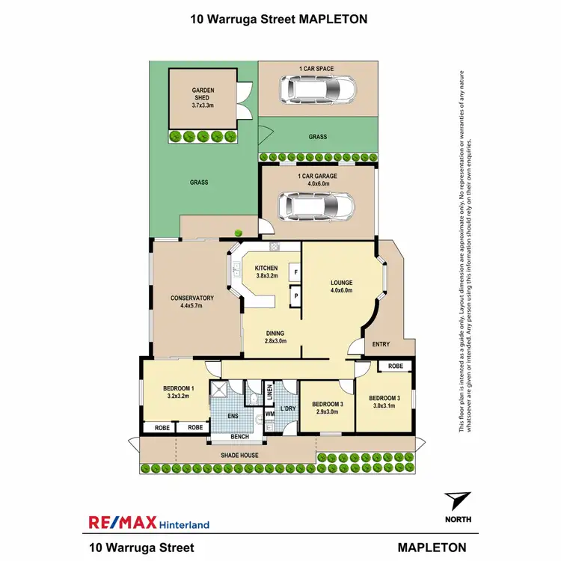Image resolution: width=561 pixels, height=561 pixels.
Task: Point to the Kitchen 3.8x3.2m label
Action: point(266,272)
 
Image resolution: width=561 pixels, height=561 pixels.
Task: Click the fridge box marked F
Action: point(295,273)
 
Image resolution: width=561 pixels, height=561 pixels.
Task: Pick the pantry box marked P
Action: point(295,296)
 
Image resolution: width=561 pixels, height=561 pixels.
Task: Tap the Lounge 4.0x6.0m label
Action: point(341,286)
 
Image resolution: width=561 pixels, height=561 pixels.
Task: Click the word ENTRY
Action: point(380,345)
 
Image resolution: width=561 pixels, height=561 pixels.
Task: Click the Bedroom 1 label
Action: point(179,392)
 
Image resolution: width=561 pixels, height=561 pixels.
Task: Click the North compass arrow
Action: point(458,501)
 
